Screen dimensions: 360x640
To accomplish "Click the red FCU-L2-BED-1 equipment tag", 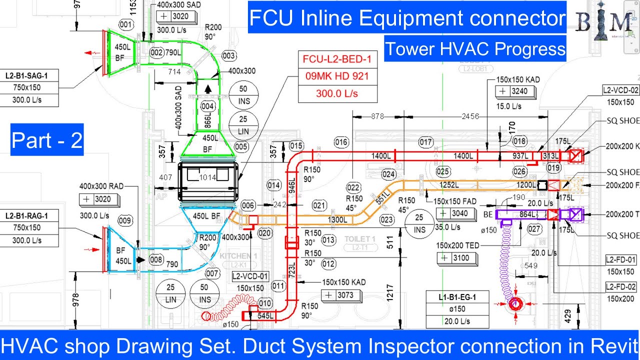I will coord(336,59).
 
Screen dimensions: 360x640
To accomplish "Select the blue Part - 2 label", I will coord(47,140).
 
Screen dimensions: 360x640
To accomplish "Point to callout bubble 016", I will coord(341,142).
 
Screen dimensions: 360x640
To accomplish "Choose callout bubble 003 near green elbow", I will coord(228,55).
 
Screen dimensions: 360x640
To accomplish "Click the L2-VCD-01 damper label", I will coord(250,276).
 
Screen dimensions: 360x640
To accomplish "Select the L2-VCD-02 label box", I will coord(620,90).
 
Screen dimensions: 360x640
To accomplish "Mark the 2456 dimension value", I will coord(470,116).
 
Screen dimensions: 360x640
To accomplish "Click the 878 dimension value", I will coord(377,116).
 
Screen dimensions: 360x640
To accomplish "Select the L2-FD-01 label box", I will coord(621,260).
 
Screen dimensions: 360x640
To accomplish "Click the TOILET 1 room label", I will coord(359,239).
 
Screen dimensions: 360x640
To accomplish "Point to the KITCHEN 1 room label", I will coord(238,256).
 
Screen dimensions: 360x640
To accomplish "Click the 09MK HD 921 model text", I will coord(336,76).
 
